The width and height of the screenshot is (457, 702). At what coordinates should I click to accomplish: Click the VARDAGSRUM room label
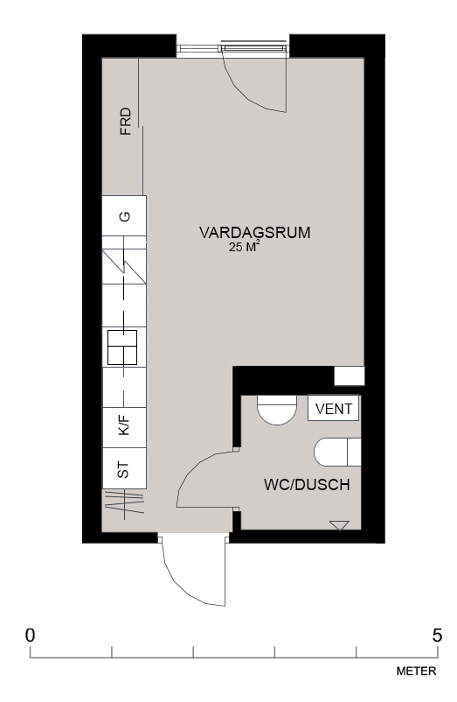click(x=254, y=233)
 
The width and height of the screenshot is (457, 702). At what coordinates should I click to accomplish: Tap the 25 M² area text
click(x=244, y=247)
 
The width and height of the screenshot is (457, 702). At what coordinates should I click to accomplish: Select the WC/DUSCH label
click(x=307, y=485)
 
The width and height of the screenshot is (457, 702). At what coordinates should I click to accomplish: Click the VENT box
click(x=333, y=408)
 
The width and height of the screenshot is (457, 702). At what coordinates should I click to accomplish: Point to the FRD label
click(x=126, y=121)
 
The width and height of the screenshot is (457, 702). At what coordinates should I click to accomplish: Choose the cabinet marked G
click(x=125, y=216)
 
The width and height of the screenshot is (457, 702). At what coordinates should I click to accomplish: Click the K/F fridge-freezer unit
click(x=125, y=427)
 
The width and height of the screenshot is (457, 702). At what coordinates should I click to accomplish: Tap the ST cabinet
click(x=125, y=468)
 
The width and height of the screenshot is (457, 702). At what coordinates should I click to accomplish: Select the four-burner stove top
click(x=122, y=347)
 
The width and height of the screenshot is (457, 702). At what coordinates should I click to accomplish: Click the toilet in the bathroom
click(x=337, y=453)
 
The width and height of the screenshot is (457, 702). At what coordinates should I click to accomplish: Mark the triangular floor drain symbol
click(x=339, y=525)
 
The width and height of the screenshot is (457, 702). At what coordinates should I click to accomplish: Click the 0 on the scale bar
click(x=30, y=635)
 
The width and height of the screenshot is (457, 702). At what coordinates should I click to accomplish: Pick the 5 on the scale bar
click(x=438, y=635)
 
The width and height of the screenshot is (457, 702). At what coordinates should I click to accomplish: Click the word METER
click(x=416, y=671)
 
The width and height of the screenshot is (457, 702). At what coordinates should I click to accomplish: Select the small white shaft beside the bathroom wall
click(x=350, y=376)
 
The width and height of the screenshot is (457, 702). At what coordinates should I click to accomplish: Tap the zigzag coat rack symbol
click(x=125, y=503)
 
